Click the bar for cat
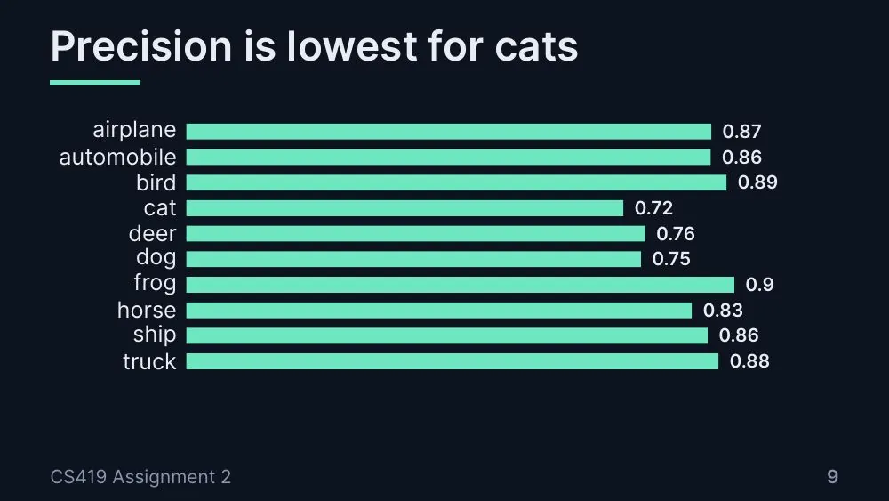(404, 208)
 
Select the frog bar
(461, 285)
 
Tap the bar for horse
(439, 311)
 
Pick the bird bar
(456, 182)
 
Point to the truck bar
(453, 361)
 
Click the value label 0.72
(653, 208)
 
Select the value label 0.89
(757, 182)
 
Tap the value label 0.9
(760, 284)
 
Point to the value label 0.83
(723, 311)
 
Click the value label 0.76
(676, 234)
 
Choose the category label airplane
(134, 130)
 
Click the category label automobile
(118, 158)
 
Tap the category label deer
(153, 234)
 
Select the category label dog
(156, 258)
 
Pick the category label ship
(155, 335)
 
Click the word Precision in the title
(141, 46)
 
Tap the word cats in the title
(536, 47)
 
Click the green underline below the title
(95, 83)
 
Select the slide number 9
(832, 477)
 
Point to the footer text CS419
(78, 477)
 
